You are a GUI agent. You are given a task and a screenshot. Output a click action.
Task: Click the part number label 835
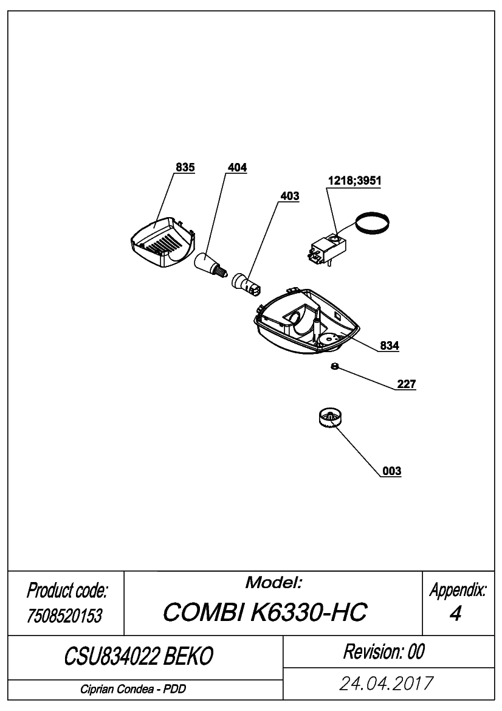(x=185, y=167)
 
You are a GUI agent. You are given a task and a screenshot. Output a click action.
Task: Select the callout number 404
(x=238, y=168)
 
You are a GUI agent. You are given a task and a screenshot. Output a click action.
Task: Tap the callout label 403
(x=290, y=196)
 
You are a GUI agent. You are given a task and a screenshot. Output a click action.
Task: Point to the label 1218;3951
(x=355, y=181)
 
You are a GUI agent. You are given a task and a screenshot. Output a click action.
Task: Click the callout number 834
(x=390, y=346)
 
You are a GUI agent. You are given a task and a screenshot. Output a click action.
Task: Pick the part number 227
(x=407, y=384)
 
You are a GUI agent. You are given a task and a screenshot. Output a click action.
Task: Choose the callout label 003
(x=392, y=471)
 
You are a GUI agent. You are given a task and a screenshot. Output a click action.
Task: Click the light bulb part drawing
(x=210, y=265)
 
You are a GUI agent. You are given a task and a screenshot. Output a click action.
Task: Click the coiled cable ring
(x=372, y=223)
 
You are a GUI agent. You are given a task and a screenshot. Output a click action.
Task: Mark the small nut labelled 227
(x=334, y=366)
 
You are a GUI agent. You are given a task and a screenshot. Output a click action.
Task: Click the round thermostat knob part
(x=330, y=418)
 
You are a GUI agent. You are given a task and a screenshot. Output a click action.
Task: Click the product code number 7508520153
(x=65, y=616)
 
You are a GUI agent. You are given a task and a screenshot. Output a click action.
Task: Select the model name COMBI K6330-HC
(x=265, y=612)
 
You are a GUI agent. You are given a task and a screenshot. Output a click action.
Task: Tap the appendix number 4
(x=456, y=613)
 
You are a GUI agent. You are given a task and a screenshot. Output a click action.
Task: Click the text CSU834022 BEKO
(x=139, y=656)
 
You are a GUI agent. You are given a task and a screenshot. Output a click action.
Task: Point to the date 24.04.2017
(x=387, y=684)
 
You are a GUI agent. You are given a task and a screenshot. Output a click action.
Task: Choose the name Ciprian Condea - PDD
(x=133, y=689)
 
